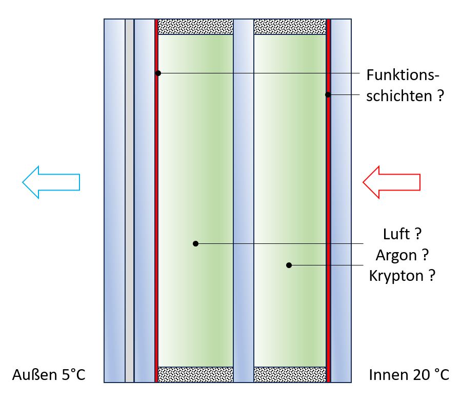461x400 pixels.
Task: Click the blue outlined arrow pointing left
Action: [x=51, y=182]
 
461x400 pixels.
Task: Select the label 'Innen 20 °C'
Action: [x=409, y=375]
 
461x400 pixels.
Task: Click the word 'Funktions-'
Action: [x=403, y=75]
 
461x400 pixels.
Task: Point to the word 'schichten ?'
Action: [x=405, y=96]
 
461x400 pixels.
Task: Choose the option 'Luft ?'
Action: [x=402, y=235]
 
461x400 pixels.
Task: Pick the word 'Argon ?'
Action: [x=402, y=255]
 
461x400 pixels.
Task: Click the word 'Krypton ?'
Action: [x=402, y=275]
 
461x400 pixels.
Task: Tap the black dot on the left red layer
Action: [x=158, y=73]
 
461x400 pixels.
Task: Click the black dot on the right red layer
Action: [x=328, y=94]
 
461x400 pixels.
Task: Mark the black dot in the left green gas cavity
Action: [x=195, y=243]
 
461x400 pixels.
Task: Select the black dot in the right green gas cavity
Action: [x=289, y=265]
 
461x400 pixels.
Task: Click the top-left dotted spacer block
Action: [x=195, y=27]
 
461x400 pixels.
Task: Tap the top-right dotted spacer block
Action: [x=290, y=27]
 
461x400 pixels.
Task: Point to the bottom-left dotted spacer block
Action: [x=195, y=374]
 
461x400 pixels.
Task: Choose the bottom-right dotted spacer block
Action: [x=290, y=374]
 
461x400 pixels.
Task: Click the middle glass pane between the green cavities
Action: [x=244, y=200]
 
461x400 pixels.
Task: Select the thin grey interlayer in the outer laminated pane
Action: [x=129, y=200]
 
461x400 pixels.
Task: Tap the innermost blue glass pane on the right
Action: [x=341, y=200]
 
